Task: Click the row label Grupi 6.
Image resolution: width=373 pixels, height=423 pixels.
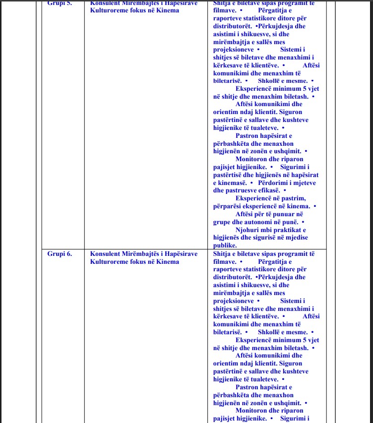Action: [x=60, y=254]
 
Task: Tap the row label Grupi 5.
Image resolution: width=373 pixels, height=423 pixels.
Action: [x=60, y=3]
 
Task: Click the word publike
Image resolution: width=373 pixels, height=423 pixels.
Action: [x=225, y=245]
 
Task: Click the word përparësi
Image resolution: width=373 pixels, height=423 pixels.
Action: [x=229, y=206]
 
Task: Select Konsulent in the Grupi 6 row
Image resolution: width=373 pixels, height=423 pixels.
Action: [x=105, y=254]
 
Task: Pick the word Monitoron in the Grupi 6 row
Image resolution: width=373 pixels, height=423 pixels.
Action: [x=253, y=411]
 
